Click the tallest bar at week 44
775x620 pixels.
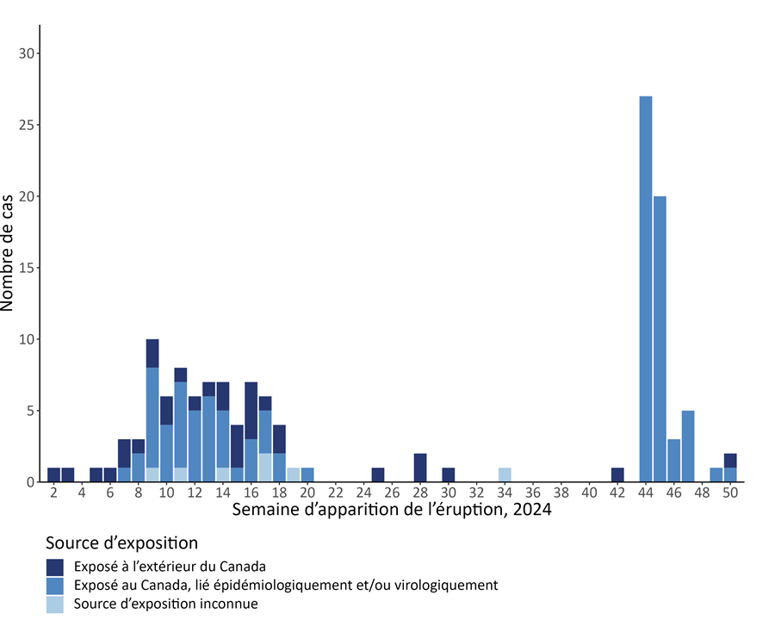tap(646, 288)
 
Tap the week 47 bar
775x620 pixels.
tap(688, 446)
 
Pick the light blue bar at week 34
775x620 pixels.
tap(505, 474)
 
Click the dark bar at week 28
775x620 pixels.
tap(420, 468)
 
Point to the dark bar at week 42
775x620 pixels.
tap(617, 474)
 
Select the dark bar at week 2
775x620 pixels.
tap(53, 474)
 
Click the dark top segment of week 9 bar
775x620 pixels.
tap(152, 353)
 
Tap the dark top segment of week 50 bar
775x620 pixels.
tap(730, 460)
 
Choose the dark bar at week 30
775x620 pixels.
tap(449, 474)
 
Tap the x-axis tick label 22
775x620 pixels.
tap(336, 493)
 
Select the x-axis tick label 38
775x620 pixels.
tap(561, 493)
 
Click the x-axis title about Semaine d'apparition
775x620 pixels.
tap(392, 510)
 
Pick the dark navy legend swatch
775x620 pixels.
tap(55, 567)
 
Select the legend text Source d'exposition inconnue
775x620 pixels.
tap(165, 604)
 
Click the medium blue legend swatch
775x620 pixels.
tap(55, 586)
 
